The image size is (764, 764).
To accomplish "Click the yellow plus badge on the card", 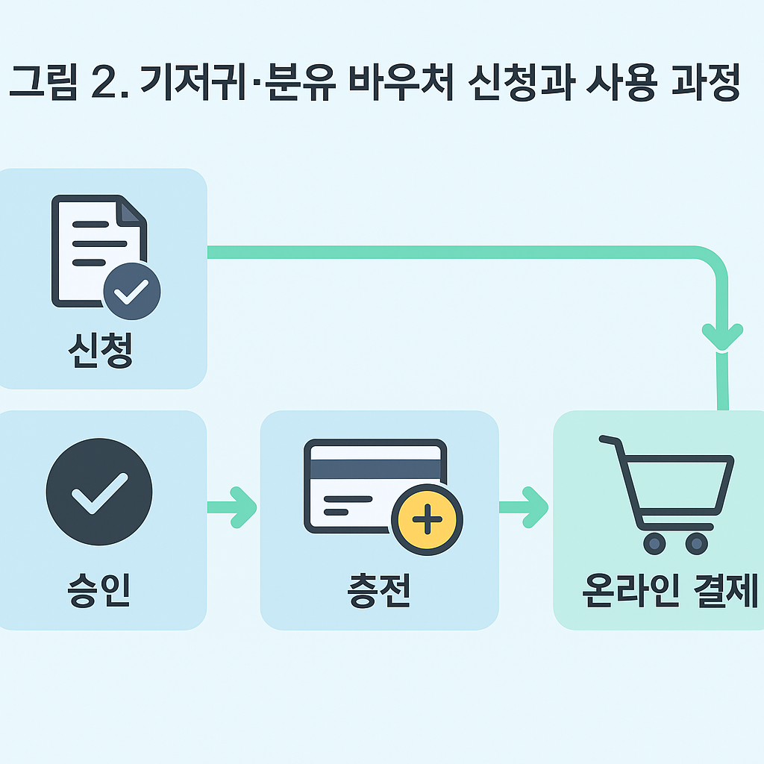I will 427,520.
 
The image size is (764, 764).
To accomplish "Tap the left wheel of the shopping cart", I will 654,543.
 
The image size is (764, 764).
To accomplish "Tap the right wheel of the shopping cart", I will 696,543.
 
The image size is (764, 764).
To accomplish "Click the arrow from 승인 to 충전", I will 233,507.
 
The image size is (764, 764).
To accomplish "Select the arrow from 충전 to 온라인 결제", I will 525,507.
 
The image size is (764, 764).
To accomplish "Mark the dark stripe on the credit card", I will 375,469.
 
